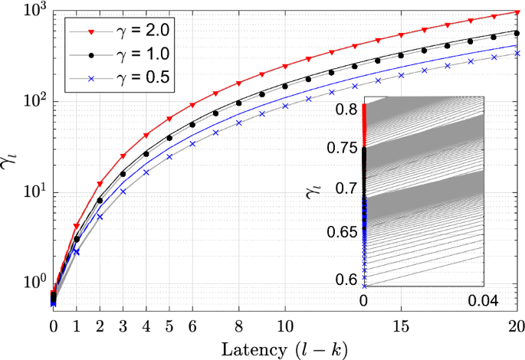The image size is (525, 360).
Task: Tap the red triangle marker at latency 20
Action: pos(517,12)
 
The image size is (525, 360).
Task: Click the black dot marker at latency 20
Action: pos(517,34)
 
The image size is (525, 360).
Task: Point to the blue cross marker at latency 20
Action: pos(517,54)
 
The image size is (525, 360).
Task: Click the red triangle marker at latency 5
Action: pos(169,119)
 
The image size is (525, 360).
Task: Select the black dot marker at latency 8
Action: pos(238,103)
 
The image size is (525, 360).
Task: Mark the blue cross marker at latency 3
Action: pos(123,191)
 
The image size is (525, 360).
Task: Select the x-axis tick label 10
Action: pos(285,326)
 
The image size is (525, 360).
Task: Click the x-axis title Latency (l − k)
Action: pos(284,349)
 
